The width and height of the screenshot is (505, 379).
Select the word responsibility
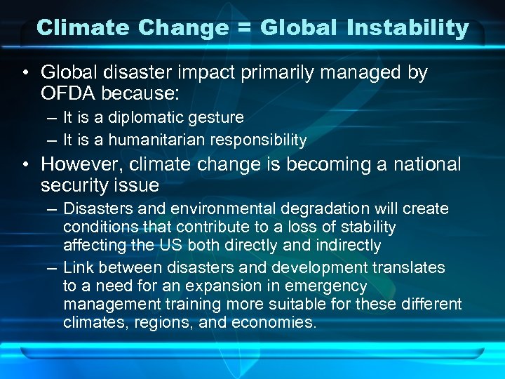pos(264,141)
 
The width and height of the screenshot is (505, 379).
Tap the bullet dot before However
pos(25,165)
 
